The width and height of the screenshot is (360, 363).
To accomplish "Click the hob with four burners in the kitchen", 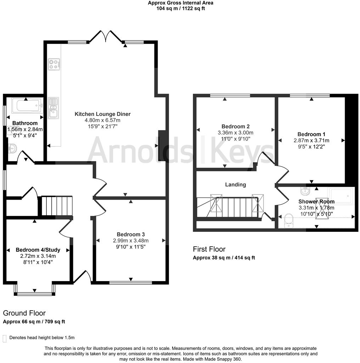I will coord(54,64).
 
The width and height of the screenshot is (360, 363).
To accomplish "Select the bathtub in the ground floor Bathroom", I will coord(27,105).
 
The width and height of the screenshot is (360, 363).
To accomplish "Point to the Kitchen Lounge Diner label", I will coord(102,114).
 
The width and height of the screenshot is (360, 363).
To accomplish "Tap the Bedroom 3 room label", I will coord(131,234).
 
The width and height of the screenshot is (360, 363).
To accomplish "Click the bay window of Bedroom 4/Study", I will coord(34,294).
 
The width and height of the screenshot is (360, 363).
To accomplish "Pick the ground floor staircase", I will coord(57,206).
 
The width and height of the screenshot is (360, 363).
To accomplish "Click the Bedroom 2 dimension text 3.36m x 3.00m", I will coord(236,133).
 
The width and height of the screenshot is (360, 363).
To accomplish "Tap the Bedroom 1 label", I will coord(311,134).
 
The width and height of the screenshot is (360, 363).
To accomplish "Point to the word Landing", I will coord(236,185).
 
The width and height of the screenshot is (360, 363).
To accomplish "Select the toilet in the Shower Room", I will coord(289,220).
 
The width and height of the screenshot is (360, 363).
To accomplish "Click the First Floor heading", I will coord(209,249).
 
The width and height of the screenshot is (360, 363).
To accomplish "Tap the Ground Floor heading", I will coord(24,313).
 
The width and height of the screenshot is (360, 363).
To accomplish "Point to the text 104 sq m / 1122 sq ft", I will coord(181,9).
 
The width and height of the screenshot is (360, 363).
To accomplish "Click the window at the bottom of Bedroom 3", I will coord(131,283).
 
